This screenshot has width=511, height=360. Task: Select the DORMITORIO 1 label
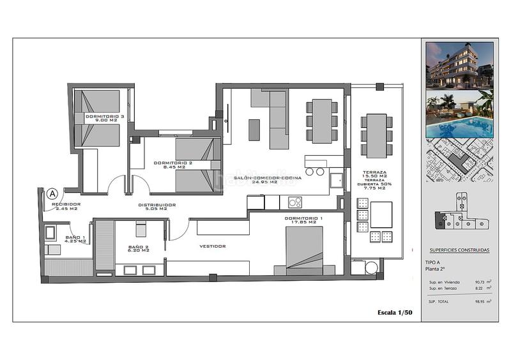[300, 220]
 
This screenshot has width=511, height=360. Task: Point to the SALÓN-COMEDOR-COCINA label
[256, 179]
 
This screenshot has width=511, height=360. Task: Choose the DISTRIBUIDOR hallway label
[156, 206]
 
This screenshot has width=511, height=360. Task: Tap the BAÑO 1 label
[75, 239]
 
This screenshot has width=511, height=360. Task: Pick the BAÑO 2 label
[138, 248]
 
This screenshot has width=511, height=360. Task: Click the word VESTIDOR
[212, 246]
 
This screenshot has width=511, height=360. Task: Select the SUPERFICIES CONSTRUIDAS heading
[459, 250]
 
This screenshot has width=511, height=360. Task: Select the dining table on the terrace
[376, 135]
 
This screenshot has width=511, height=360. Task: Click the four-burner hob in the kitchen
[295, 202]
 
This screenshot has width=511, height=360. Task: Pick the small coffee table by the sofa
[254, 130]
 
